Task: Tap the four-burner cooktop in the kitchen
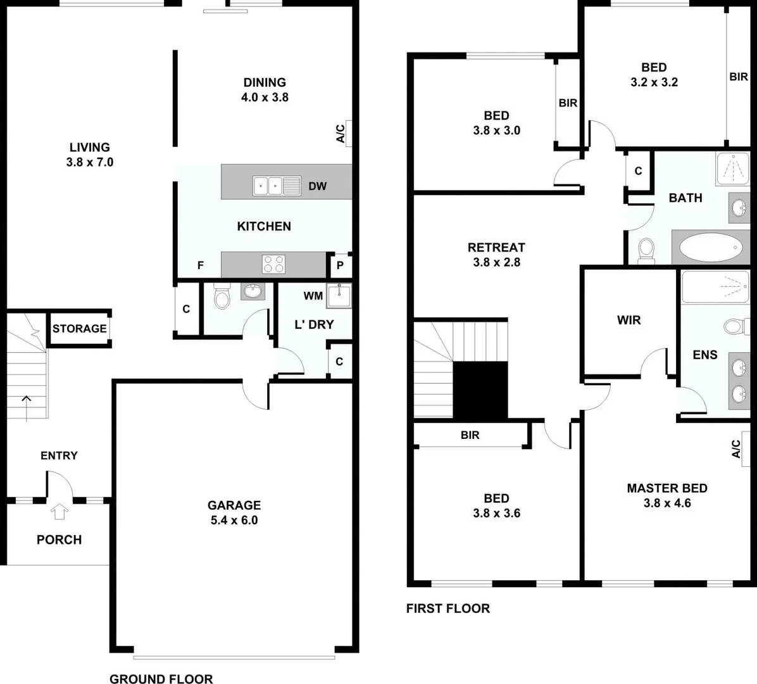(x=273, y=263)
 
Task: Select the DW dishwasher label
(x=318, y=186)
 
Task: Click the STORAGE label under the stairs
(x=79, y=329)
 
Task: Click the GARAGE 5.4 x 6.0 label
(x=234, y=513)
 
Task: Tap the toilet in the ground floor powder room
(x=222, y=296)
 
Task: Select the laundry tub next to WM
(x=338, y=296)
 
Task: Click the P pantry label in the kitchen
(x=340, y=266)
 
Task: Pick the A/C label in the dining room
(x=341, y=133)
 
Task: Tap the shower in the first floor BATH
(x=733, y=168)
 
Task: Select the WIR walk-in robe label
(x=629, y=320)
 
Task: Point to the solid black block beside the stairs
(x=480, y=390)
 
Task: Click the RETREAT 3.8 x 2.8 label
(x=496, y=255)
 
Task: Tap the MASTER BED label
(x=667, y=495)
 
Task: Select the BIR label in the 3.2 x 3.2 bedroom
(x=739, y=77)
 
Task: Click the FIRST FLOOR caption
(x=447, y=609)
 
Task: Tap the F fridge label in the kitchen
(x=201, y=266)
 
